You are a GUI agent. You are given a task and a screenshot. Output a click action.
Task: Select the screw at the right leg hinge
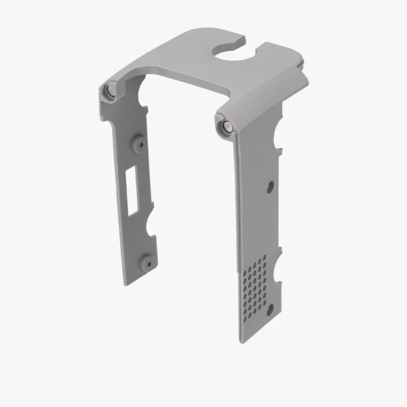click(224, 126)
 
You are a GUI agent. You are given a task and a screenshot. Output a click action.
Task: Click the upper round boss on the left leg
click(138, 143)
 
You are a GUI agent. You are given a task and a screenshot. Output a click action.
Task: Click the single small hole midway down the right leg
click(271, 185)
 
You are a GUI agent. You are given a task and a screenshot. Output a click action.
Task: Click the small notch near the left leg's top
click(144, 105)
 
